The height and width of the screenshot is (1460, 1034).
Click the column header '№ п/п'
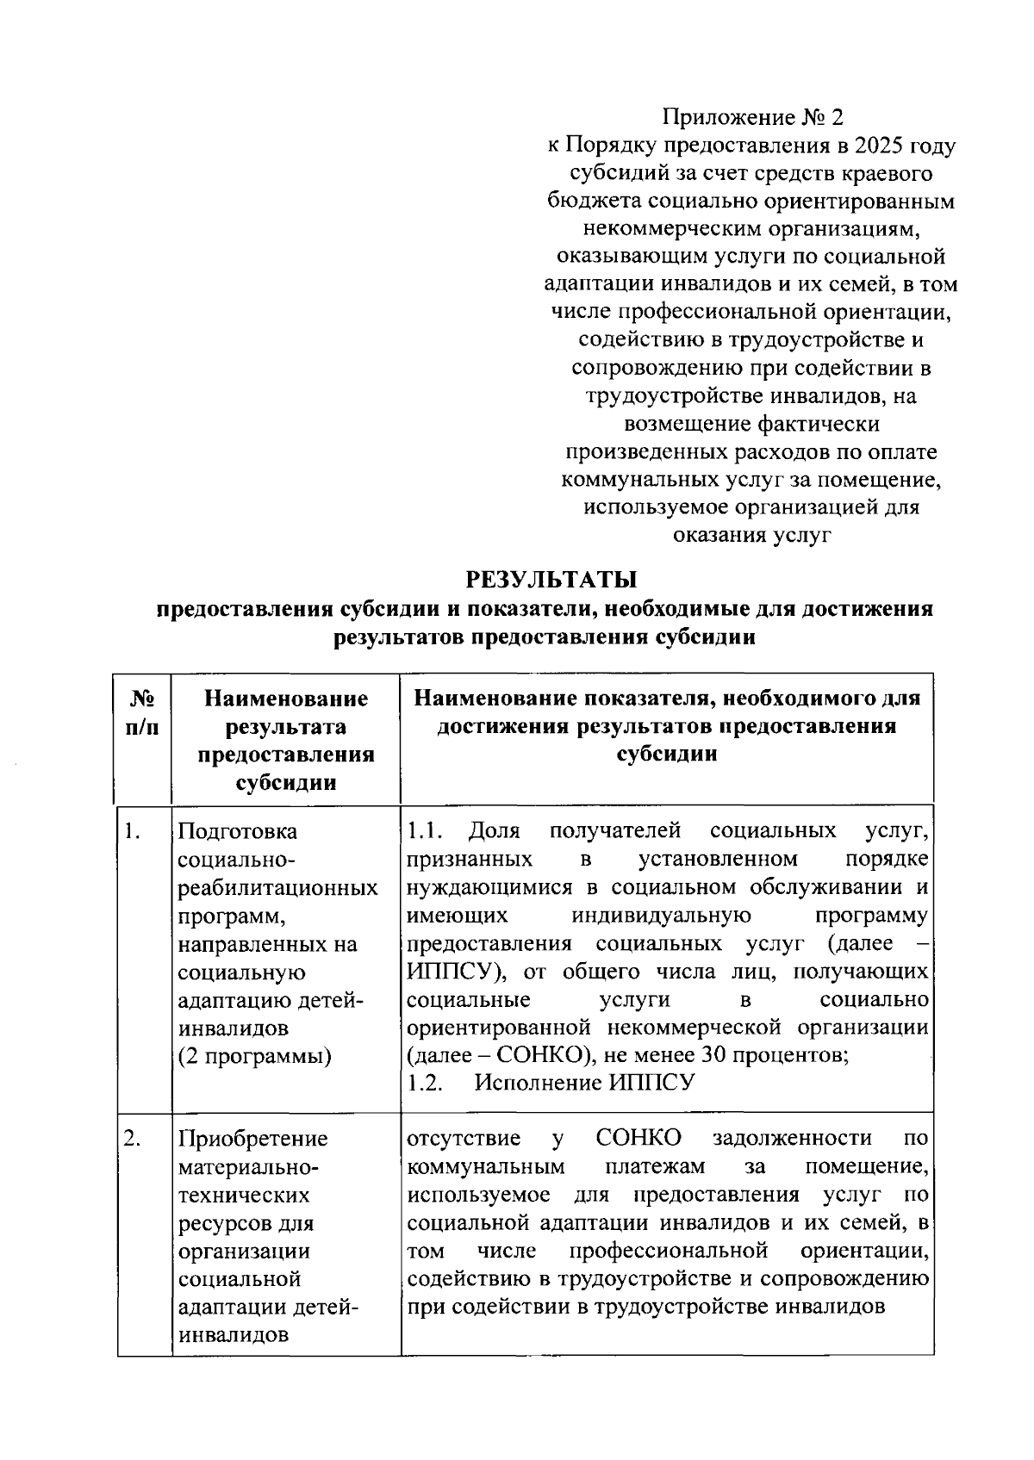point(143,712)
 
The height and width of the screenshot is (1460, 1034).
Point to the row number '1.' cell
point(132,831)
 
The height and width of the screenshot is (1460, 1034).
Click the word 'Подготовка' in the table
point(237,832)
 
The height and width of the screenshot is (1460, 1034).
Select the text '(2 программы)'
point(255,1056)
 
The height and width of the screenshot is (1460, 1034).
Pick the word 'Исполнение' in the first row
point(528,1084)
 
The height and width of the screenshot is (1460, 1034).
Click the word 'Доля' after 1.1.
point(495,832)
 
